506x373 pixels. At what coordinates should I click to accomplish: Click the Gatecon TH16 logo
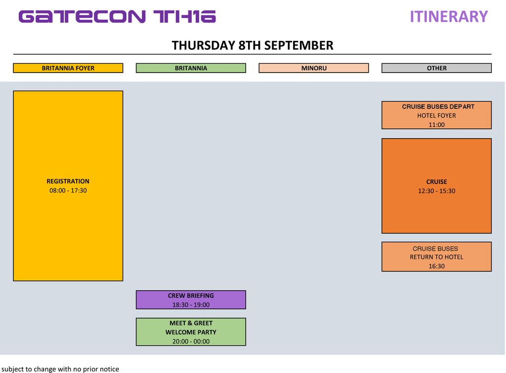117,17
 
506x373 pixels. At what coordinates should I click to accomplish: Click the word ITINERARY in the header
449,17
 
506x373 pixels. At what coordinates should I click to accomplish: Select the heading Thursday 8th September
253,45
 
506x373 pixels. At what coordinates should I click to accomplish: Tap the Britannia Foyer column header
68,68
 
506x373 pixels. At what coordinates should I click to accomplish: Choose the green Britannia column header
191,68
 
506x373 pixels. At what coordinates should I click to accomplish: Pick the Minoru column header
314,68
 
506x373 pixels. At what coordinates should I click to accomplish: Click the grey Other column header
437,68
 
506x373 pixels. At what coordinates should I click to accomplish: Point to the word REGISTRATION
68,182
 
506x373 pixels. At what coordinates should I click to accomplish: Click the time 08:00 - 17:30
68,190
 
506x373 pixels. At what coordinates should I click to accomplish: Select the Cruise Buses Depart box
437,115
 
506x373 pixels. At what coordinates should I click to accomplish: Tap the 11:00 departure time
437,125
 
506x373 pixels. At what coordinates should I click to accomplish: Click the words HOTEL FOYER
437,115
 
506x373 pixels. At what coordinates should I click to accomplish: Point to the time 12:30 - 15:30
437,190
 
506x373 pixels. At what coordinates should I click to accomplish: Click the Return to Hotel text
437,257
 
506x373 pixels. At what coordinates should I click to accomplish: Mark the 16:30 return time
437,266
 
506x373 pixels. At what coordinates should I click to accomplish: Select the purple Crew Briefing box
191,300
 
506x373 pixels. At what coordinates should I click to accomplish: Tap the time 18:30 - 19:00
191,305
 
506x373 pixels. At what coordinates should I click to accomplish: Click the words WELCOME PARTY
191,332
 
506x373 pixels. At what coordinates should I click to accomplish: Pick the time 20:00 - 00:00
191,341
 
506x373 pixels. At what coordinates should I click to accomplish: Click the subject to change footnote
60,369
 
